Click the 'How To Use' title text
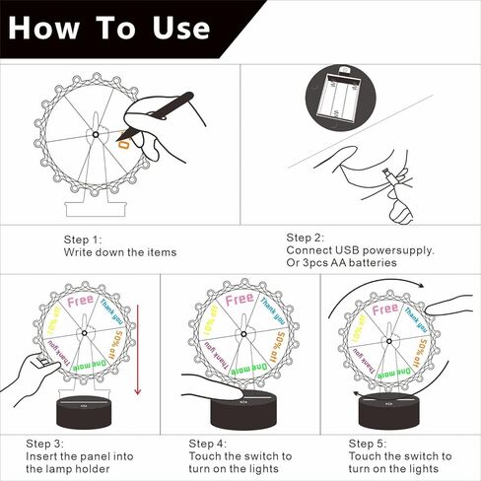click(x=109, y=28)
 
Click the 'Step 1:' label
click(x=83, y=240)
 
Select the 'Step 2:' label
click(x=305, y=238)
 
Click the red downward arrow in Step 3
click(x=138, y=349)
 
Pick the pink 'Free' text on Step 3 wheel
click(x=81, y=301)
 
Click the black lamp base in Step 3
click(x=84, y=412)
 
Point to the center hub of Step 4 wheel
click(x=243, y=334)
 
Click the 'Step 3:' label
click(x=45, y=444)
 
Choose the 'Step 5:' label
click(x=368, y=444)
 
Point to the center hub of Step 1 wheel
click(x=96, y=135)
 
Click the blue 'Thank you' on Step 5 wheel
click(x=416, y=319)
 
